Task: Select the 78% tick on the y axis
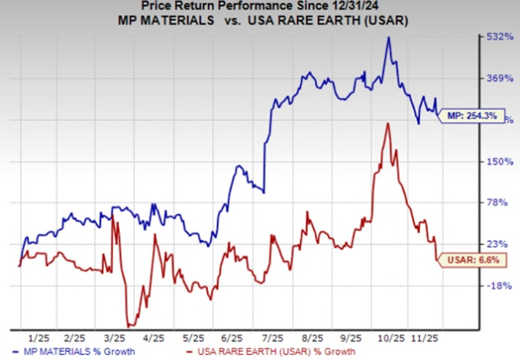pos(499,202)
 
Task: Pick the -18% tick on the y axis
pos(499,285)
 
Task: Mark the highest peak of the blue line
pos(388,38)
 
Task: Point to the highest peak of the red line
pos(386,123)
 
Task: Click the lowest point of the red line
pos(128,326)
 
